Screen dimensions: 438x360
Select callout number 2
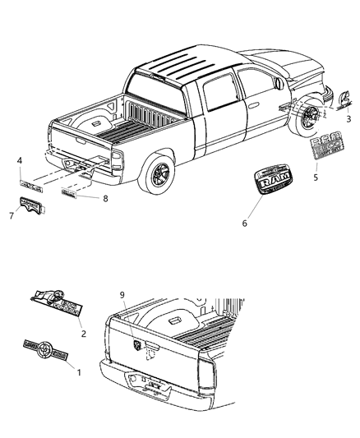tap(84, 334)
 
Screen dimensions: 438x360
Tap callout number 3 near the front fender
tap(348, 118)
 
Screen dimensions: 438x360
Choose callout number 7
tap(12, 215)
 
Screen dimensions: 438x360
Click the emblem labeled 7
tap(32, 206)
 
